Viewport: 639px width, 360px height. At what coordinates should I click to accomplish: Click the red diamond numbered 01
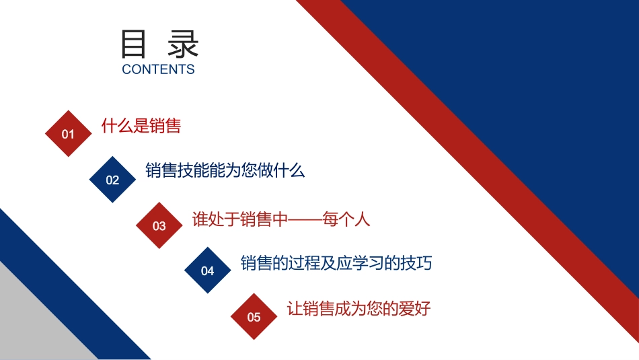click(x=68, y=134)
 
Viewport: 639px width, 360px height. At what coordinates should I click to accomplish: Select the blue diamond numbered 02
click(x=112, y=180)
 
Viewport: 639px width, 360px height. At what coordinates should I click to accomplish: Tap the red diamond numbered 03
click(x=159, y=225)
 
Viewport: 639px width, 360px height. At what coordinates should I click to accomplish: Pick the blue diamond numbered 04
click(x=208, y=271)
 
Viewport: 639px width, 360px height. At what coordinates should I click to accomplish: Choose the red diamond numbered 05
click(x=254, y=317)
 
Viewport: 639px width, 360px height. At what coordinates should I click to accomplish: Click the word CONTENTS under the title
click(x=158, y=69)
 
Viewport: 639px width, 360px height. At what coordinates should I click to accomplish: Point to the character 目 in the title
click(x=135, y=44)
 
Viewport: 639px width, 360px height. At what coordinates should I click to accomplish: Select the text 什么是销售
click(x=141, y=126)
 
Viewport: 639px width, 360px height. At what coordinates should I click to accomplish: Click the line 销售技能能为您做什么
click(x=225, y=170)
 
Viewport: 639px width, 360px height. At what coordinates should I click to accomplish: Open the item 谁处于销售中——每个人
click(x=281, y=219)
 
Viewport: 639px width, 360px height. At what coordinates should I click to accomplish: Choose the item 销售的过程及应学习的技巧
click(x=336, y=263)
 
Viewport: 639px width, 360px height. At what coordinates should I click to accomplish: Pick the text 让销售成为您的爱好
click(x=359, y=309)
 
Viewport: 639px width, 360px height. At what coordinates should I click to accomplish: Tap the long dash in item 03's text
click(x=305, y=220)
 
